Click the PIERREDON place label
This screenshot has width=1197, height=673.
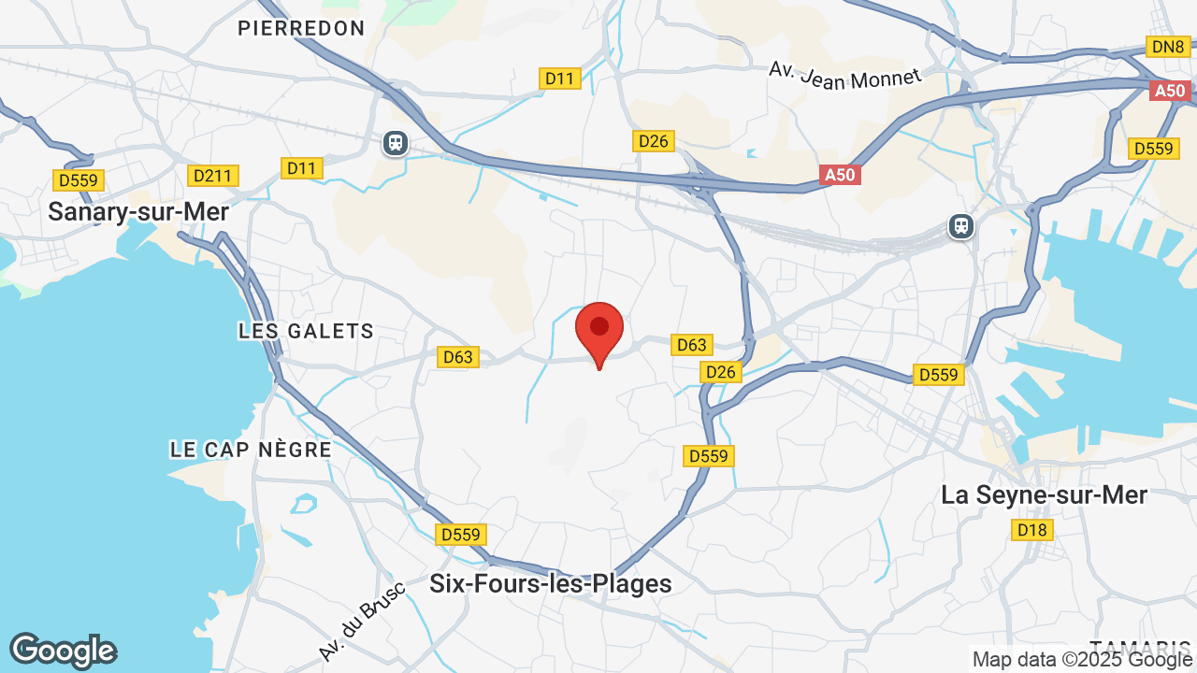tap(301, 28)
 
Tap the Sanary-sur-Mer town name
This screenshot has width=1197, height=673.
tap(138, 212)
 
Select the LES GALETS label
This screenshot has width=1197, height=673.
tap(306, 331)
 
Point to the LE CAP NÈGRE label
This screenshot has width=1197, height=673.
tap(251, 450)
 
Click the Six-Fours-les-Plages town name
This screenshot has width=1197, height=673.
tap(550, 584)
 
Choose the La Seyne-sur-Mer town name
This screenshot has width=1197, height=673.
tap(1044, 495)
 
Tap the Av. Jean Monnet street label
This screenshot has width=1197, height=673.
tap(844, 75)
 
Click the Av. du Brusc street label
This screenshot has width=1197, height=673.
tap(361, 622)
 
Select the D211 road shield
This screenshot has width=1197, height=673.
tap(213, 176)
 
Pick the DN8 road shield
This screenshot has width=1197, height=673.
tap(1168, 47)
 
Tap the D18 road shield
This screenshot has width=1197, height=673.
tap(1032, 531)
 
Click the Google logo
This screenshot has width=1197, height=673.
tap(63, 652)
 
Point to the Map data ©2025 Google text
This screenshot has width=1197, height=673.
tap(1083, 660)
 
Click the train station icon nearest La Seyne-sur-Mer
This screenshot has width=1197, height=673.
tap(960, 226)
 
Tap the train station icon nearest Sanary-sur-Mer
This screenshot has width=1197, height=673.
tap(396, 143)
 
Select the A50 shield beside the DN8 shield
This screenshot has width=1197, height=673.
tap(1169, 92)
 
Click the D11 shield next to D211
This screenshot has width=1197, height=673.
tap(301, 168)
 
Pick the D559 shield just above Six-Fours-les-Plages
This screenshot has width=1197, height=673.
tap(460, 535)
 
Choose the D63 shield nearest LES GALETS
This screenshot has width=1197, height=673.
tap(458, 357)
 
